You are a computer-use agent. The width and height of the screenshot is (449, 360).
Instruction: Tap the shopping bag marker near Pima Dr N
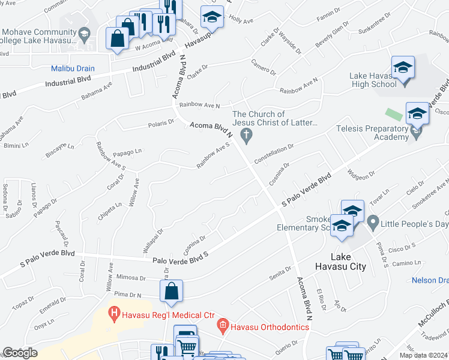tap(171, 292)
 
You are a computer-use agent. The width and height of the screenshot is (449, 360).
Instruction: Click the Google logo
tap(20, 353)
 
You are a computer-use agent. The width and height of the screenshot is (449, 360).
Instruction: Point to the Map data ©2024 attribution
tap(423, 355)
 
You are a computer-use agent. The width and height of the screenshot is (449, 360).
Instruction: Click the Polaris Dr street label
tap(161, 124)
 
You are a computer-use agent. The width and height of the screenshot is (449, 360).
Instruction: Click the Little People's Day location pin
tap(372, 224)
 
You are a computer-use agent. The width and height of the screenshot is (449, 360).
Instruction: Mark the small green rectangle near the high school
tap(393, 113)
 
